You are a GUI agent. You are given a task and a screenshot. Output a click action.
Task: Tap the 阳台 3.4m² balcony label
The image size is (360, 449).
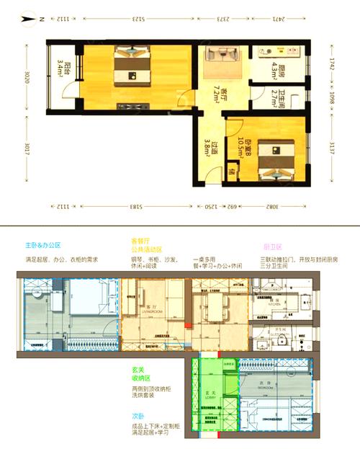63,72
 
